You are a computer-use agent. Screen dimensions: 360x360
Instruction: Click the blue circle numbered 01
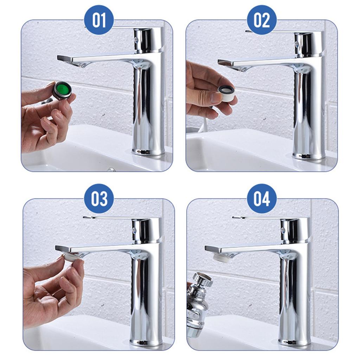click(99, 20)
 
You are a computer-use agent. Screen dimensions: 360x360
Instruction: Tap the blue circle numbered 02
click(262, 20)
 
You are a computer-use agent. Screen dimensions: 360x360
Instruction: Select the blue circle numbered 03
click(99, 198)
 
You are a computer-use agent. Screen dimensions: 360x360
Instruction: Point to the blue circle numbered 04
click(262, 198)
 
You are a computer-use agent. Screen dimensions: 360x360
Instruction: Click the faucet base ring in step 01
click(148, 152)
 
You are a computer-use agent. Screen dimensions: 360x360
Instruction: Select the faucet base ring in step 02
click(308, 156)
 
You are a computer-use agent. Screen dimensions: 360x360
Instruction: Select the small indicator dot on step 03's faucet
click(134, 231)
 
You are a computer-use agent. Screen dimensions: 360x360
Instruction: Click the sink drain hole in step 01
click(111, 169)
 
